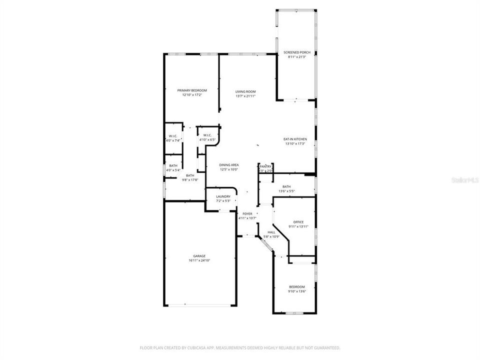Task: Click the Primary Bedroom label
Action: click(192, 90)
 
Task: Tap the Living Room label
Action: click(245, 91)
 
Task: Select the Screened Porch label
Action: click(297, 52)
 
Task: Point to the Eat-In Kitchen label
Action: click(295, 139)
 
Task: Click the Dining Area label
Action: click(229, 164)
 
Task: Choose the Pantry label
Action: click(265, 166)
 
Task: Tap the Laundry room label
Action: click(223, 196)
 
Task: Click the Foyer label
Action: click(247, 213)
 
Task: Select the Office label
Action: click(298, 222)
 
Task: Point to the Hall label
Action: click(271, 232)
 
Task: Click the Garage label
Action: click(199, 256)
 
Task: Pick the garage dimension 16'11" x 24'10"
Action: click(199, 260)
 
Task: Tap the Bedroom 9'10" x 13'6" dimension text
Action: click(296, 291)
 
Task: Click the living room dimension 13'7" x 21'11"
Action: click(245, 96)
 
